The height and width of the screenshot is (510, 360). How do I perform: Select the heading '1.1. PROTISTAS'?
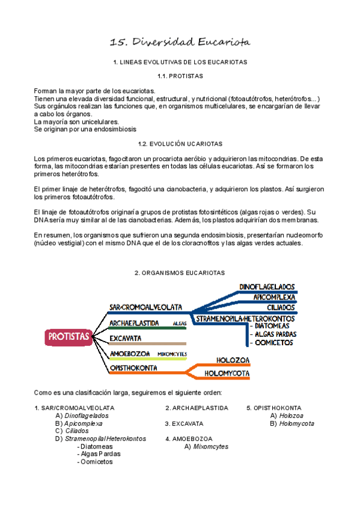click(x=180, y=76)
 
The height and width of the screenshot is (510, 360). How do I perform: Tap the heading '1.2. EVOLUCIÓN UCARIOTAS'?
click(x=180, y=144)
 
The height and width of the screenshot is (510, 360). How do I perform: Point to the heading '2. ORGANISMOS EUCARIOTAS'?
click(x=180, y=272)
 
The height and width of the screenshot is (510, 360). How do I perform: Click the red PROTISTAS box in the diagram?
click(x=69, y=336)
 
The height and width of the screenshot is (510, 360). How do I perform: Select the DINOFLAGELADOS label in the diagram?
click(x=267, y=287)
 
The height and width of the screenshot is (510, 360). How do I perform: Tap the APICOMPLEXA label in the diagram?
click(x=274, y=297)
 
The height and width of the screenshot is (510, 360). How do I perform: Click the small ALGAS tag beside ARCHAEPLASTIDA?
click(x=179, y=324)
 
